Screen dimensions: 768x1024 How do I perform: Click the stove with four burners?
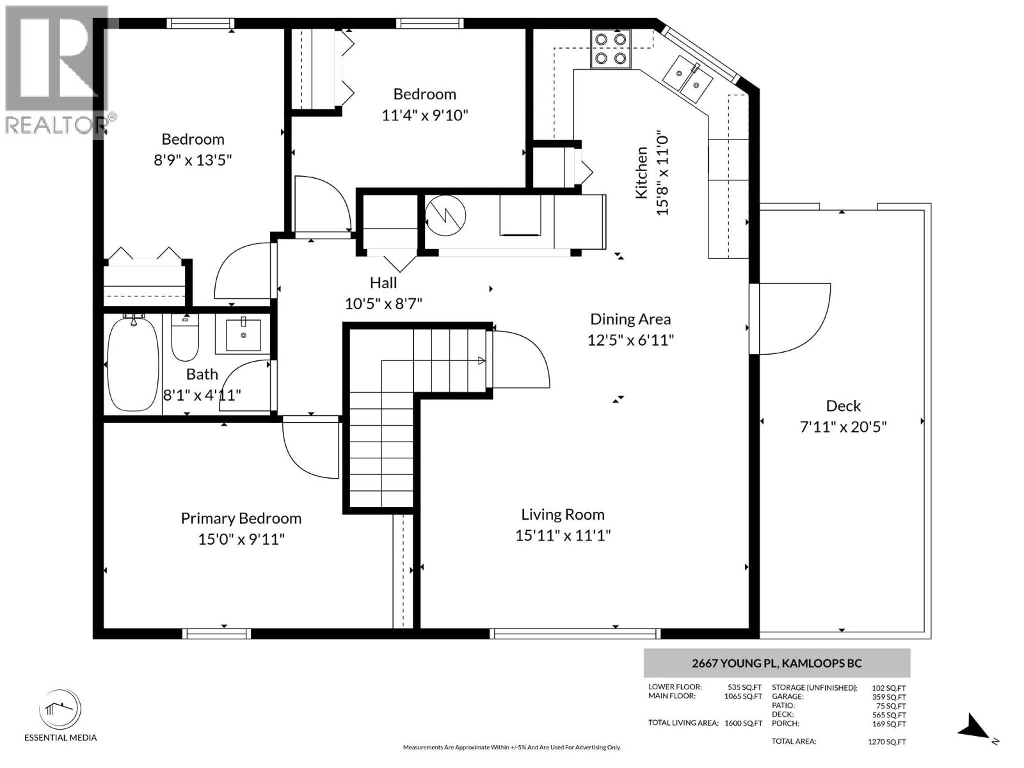[610, 49]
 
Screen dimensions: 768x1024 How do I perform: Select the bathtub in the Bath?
[132, 364]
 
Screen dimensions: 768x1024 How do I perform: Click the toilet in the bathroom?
[185, 338]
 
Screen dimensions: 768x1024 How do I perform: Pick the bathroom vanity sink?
[243, 335]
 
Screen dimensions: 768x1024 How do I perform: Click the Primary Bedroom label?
[241, 518]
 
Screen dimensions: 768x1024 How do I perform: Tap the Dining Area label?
[630, 319]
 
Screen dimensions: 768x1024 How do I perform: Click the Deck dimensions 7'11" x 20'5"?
[843, 427]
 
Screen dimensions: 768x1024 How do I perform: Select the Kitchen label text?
[641, 173]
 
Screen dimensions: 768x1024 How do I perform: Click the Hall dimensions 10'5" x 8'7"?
[383, 303]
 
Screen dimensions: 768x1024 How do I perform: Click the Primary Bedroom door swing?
[309, 448]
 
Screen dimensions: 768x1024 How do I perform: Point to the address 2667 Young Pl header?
[776, 663]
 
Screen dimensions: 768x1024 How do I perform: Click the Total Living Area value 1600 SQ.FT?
[743, 723]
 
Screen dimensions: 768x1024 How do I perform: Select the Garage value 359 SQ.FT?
[892, 697]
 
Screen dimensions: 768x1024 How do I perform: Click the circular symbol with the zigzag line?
[445, 215]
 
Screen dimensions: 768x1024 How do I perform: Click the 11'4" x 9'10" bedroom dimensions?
[425, 116]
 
